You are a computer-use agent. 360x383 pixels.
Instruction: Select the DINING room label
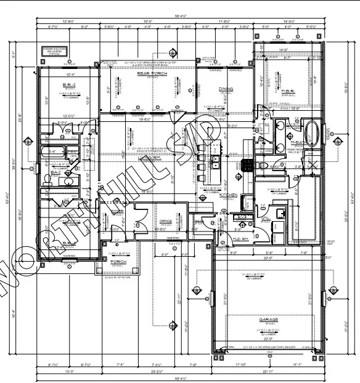pos(226,89)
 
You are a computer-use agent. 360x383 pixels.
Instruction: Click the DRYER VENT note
pos(340,243)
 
